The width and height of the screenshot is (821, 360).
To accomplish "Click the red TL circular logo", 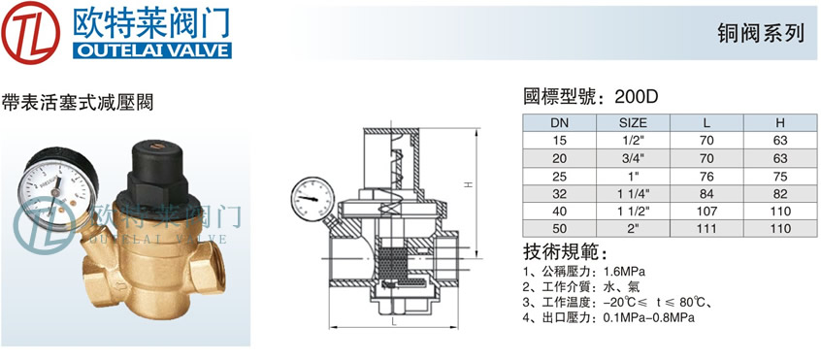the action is click(x=31, y=32).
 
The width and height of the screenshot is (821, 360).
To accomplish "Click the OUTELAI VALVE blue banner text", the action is click(x=151, y=50).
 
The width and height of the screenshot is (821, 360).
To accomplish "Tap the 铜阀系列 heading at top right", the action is click(x=760, y=34).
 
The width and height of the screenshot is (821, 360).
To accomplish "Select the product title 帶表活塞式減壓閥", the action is click(x=78, y=102).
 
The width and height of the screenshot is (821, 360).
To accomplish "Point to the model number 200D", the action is click(x=636, y=97).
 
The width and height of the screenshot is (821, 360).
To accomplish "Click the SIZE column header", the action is click(x=633, y=123).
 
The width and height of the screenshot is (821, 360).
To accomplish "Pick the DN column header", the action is click(x=559, y=123).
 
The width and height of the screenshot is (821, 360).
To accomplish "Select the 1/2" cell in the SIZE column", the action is click(x=633, y=141).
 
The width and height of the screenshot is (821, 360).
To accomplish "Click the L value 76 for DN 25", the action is click(x=706, y=177).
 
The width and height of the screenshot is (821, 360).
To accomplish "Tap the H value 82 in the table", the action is click(x=780, y=194).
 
